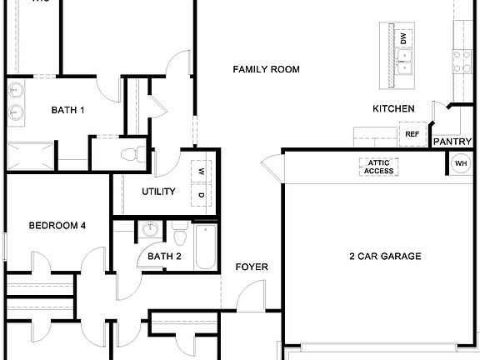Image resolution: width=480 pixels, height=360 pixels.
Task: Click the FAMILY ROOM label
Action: point(266,69)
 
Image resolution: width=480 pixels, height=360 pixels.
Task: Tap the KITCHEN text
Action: point(393,109)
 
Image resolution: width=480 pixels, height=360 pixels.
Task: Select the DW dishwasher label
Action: point(403,38)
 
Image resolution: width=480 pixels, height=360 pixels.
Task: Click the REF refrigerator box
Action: point(412,133)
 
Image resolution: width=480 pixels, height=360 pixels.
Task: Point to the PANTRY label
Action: point(452,142)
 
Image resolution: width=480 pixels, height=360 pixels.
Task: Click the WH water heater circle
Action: point(461,164)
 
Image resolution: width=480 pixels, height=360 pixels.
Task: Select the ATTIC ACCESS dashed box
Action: point(379,167)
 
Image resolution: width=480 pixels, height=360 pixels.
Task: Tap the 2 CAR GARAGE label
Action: point(384,256)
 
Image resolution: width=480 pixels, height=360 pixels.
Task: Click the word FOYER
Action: point(252,267)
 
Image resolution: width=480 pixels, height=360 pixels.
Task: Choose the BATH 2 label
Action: point(164,256)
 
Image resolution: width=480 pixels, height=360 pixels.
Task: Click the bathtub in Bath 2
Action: point(205,247)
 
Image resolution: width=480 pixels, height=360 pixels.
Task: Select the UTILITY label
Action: point(158,192)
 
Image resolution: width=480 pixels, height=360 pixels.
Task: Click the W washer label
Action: point(201,172)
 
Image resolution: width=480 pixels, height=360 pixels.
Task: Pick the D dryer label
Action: point(201,194)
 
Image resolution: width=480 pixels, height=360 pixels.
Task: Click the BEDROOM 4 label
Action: point(57,225)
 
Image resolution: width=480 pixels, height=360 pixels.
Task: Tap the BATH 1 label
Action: point(67,109)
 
